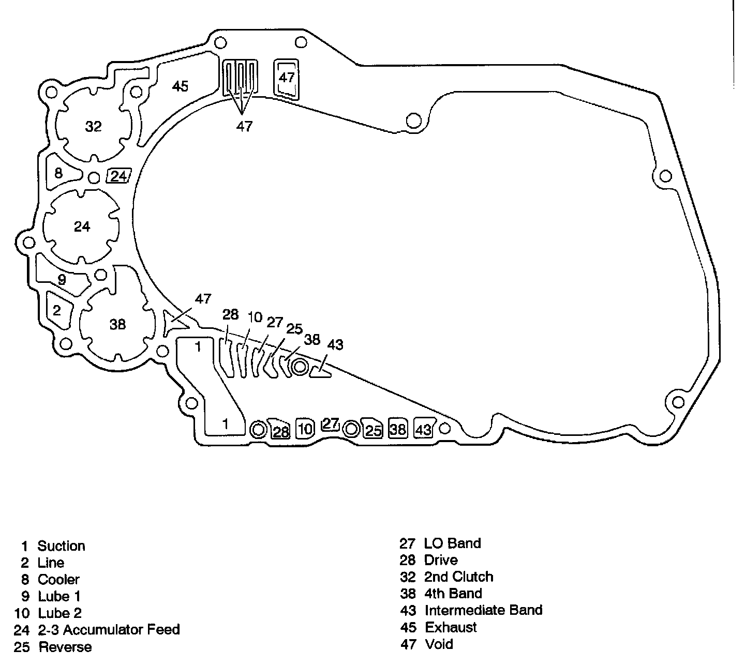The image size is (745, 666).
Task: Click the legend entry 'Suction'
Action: point(61,546)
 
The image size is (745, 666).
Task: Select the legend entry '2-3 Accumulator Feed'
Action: point(109,630)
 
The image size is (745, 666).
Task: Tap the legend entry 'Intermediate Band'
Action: point(483,610)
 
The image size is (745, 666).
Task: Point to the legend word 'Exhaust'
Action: point(451,627)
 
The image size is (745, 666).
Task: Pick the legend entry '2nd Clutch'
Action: point(458,577)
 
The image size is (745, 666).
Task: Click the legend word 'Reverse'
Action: point(65,647)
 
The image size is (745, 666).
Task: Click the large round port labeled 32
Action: point(94,126)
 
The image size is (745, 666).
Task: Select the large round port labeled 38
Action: point(118,324)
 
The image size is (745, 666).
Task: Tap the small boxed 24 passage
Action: point(119,176)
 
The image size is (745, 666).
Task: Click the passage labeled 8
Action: point(58,172)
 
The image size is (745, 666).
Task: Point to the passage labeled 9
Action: point(63,280)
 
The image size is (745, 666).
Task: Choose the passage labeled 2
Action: point(57,310)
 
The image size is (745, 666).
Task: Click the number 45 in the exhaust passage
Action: point(180,86)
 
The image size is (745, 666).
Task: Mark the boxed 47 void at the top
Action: point(286,78)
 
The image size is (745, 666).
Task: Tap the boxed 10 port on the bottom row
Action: point(305,429)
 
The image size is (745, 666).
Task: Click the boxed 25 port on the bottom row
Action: point(373,430)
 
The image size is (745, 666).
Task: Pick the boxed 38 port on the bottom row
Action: point(398,429)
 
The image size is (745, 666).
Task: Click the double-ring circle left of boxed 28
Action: point(258,429)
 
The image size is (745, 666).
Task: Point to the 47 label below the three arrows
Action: point(244,126)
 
